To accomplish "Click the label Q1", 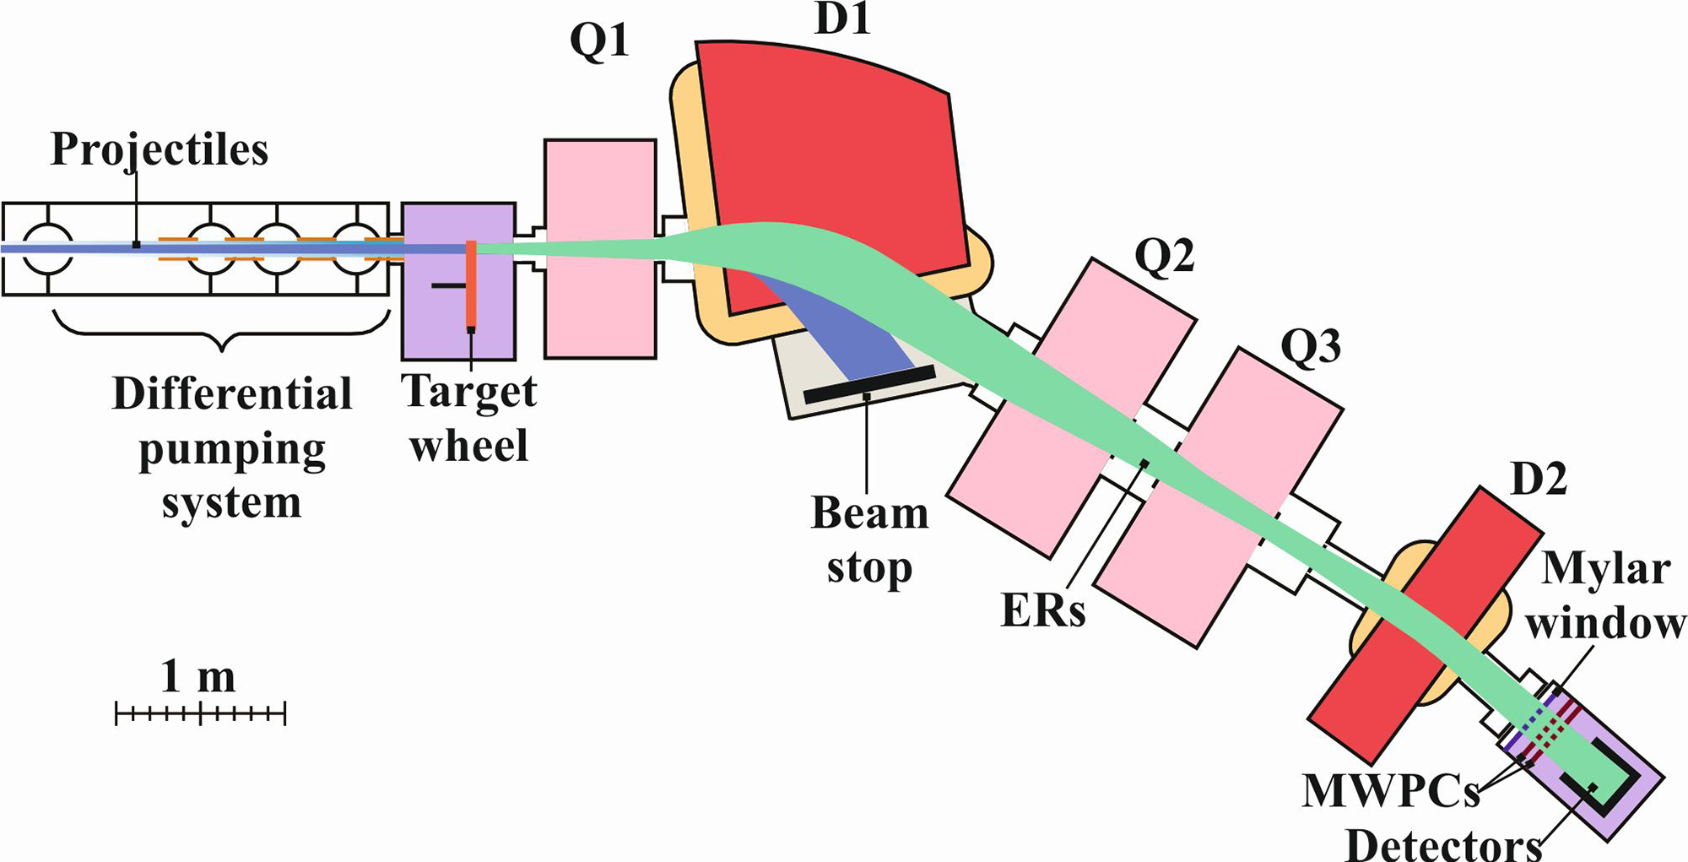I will click(x=599, y=40).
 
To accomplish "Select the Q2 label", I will click(x=1164, y=255).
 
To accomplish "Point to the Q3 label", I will click(x=1311, y=345).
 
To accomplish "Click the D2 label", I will click(x=1539, y=479).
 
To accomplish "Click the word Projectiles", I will click(x=160, y=150).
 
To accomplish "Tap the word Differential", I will click(x=232, y=393).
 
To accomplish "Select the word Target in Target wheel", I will click(x=468, y=391).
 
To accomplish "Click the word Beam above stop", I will click(x=869, y=512).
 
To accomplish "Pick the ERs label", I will click(x=1043, y=610).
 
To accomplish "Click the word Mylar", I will click(x=1605, y=569).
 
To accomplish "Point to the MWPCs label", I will click(x=1391, y=791).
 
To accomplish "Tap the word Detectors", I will click(x=1443, y=844).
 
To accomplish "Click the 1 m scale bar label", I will click(x=198, y=677).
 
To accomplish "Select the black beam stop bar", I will click(x=869, y=384).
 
